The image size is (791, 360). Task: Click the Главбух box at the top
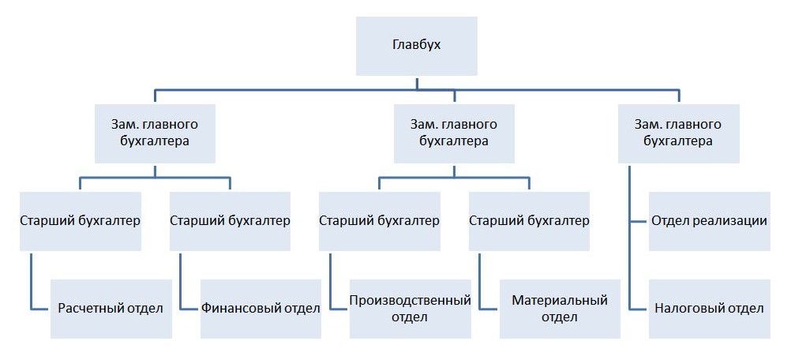416,45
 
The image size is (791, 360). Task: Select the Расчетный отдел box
111,309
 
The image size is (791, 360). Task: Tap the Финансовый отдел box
261,309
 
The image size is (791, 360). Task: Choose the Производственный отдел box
410,309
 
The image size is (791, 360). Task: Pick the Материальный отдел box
560,309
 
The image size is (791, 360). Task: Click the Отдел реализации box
710,221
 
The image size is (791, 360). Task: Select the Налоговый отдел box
710,309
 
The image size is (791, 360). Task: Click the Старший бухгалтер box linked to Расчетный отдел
81,221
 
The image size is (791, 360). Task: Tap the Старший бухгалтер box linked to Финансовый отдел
230,221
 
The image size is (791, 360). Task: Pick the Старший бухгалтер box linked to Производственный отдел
380,221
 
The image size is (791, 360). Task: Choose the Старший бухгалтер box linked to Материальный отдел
529,221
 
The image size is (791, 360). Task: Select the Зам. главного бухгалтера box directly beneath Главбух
454,133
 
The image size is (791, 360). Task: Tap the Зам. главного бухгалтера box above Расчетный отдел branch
155,133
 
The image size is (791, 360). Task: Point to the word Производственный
410,301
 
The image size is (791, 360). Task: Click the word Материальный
560,301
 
